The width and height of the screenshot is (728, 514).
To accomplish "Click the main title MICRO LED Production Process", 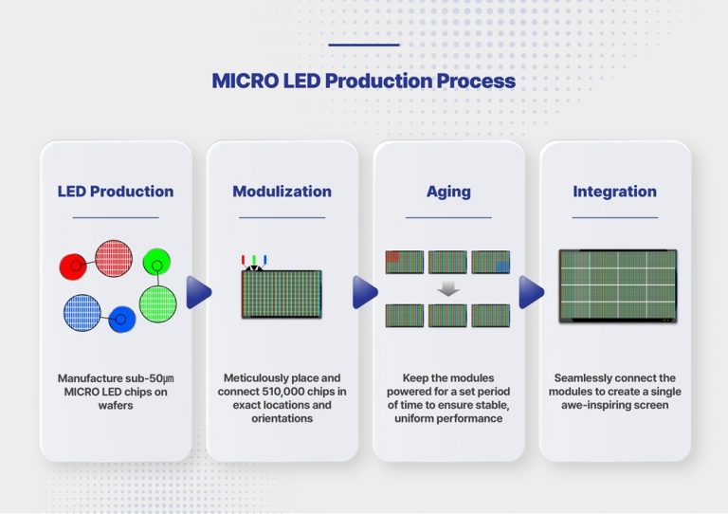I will (x=364, y=81).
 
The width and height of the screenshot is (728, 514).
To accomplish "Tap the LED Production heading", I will (x=116, y=191).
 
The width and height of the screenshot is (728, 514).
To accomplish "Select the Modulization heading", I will (x=282, y=191).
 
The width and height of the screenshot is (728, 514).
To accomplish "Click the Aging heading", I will (x=448, y=191).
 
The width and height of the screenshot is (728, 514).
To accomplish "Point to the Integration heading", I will (x=614, y=191).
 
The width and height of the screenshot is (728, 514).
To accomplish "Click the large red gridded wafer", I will (x=113, y=258).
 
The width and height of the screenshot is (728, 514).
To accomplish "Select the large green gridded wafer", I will (x=157, y=303).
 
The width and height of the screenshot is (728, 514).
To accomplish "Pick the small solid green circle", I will (x=156, y=261).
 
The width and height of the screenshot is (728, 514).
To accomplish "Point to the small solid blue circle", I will (x=121, y=320).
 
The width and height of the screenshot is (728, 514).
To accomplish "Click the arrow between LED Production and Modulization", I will (x=199, y=292).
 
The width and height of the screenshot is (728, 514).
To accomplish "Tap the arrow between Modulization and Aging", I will (x=365, y=292).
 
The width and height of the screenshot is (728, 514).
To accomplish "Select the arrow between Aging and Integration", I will (x=532, y=292).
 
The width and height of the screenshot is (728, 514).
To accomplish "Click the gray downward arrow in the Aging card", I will (x=448, y=288).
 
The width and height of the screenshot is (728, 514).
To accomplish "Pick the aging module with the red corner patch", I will (x=405, y=262).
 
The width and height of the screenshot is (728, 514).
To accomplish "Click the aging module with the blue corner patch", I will (x=490, y=262).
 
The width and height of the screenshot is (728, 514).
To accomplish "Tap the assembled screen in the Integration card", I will (x=618, y=286).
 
